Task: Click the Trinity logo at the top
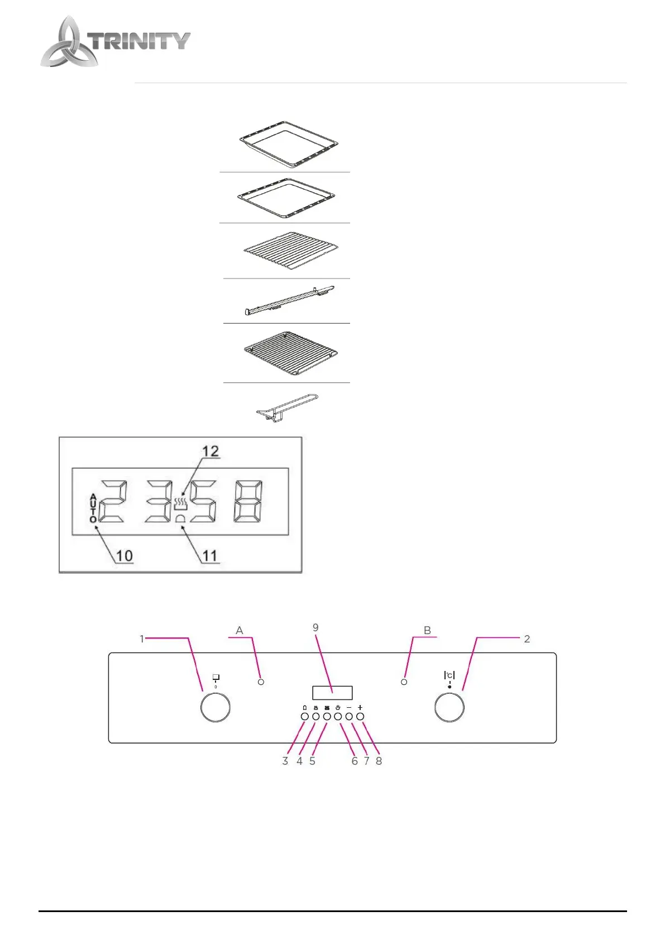(114, 42)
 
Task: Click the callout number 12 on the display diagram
(210, 451)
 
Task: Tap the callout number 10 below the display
(124, 555)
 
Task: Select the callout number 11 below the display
(209, 555)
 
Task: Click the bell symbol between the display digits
(180, 519)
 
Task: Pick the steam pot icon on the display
(180, 504)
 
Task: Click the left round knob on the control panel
(216, 707)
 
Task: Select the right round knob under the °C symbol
(449, 707)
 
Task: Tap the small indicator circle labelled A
(261, 682)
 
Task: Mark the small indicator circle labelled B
(404, 682)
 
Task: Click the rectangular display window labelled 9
(332, 693)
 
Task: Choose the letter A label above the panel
(240, 630)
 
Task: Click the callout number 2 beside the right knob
(527, 639)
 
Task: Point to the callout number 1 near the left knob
(142, 639)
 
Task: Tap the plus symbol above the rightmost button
(360, 708)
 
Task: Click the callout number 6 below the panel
(354, 761)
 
